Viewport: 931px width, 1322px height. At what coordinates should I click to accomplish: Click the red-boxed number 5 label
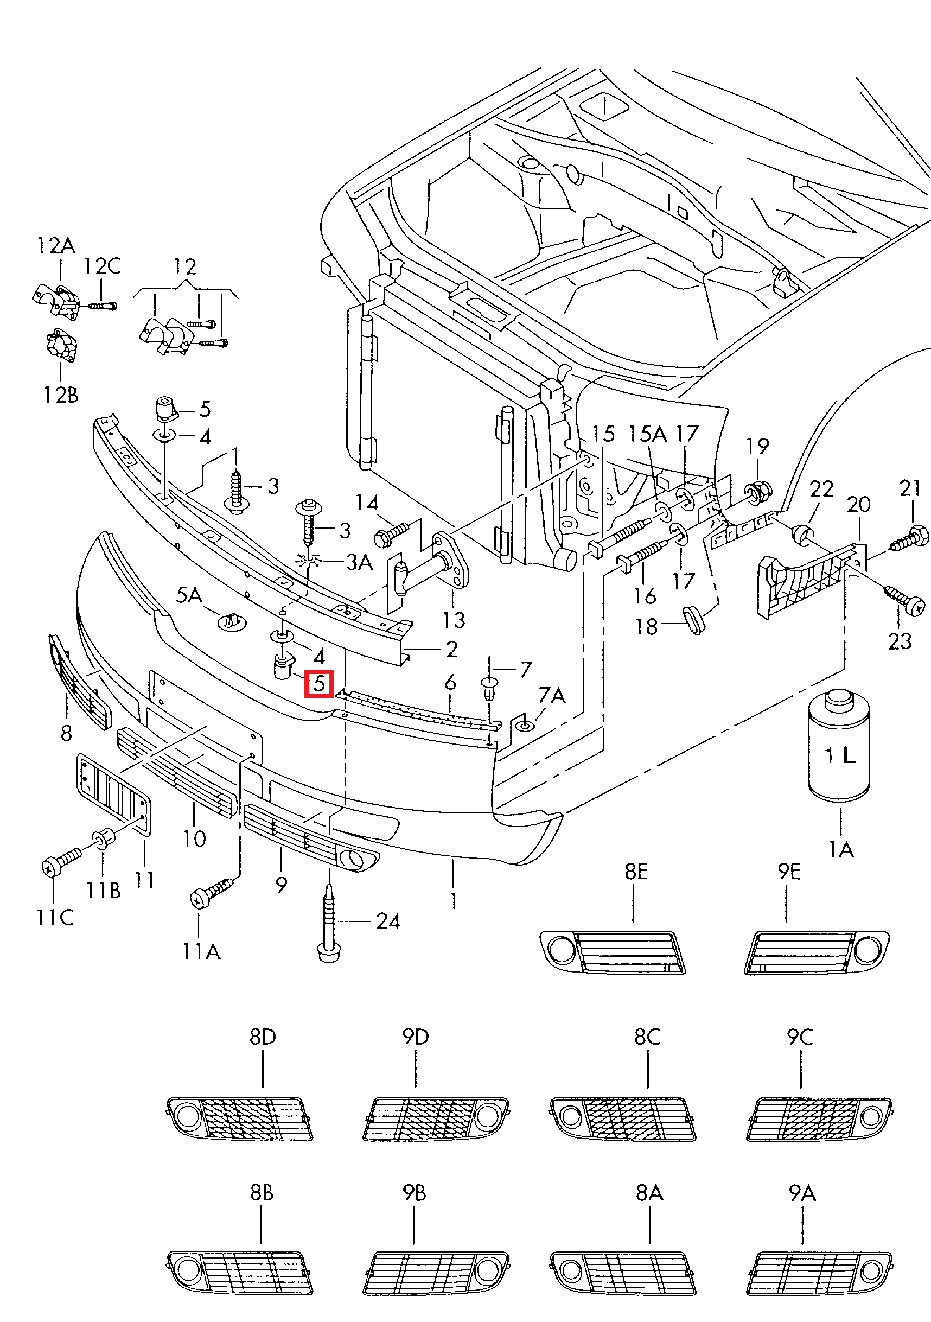pos(319,684)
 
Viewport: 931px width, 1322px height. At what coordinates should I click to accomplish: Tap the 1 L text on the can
pos(839,755)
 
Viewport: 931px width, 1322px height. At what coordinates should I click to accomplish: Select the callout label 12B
pos(60,395)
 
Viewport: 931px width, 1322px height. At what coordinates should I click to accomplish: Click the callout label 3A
pos(359,562)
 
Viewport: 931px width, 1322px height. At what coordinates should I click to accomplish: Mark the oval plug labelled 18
pos(694,619)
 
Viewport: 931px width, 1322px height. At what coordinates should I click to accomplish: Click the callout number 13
pos(454,620)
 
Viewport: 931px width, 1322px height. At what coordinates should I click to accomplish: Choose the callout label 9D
pos(416,1037)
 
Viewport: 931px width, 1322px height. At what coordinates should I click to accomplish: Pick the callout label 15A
pos(647,434)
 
